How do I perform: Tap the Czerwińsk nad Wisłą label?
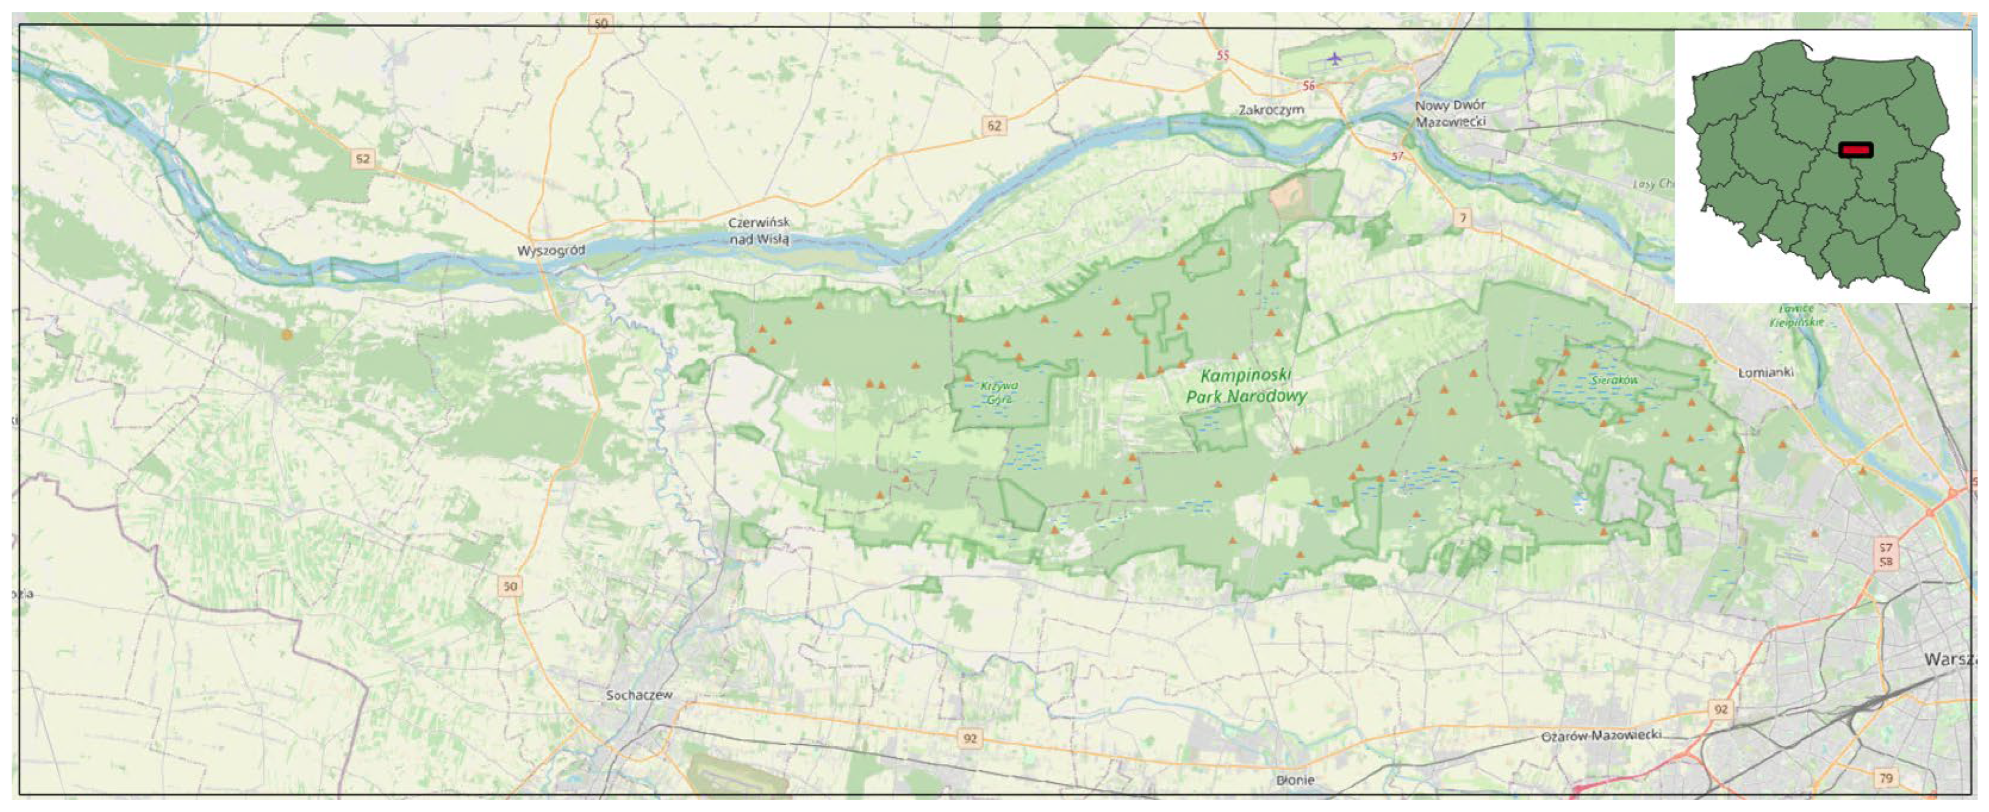coord(760,231)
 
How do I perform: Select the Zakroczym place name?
coord(1271,110)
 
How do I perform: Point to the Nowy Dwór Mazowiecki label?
coord(1450,113)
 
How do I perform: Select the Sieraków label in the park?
coord(1615,380)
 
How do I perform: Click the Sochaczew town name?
coord(639,695)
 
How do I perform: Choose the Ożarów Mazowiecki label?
coord(1600,736)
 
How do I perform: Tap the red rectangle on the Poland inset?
coord(1855,150)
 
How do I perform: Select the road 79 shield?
coord(1886,778)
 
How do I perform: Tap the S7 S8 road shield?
coord(1886,554)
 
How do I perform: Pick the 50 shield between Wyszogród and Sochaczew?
coord(509,586)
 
